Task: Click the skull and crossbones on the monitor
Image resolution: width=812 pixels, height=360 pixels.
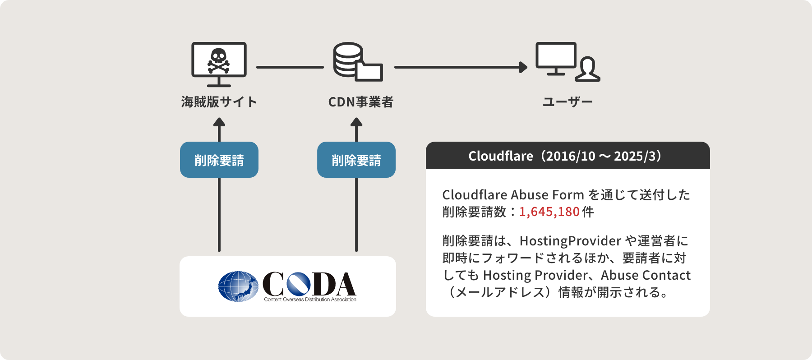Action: [x=219, y=61]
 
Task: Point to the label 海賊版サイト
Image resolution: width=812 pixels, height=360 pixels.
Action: [x=219, y=102]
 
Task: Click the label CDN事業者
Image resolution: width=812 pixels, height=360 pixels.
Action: [x=361, y=102]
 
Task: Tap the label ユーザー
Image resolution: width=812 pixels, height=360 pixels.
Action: [x=567, y=102]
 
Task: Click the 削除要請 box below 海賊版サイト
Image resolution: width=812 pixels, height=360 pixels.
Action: [x=219, y=160]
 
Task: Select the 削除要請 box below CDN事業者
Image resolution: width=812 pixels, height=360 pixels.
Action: [x=356, y=160]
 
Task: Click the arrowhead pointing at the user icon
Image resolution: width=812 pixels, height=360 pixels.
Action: [x=523, y=67]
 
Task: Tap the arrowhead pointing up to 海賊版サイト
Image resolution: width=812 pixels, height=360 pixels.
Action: [x=219, y=122]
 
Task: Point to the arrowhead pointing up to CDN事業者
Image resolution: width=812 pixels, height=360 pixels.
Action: [x=356, y=122]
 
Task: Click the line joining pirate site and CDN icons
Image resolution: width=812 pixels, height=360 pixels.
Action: [x=290, y=67]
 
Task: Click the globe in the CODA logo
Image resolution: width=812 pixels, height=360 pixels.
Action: [x=238, y=286]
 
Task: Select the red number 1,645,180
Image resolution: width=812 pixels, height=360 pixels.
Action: [x=549, y=212]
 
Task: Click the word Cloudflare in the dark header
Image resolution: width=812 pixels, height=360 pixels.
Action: [x=501, y=156]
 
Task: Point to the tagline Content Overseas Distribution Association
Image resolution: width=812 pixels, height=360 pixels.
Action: [x=310, y=300]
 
